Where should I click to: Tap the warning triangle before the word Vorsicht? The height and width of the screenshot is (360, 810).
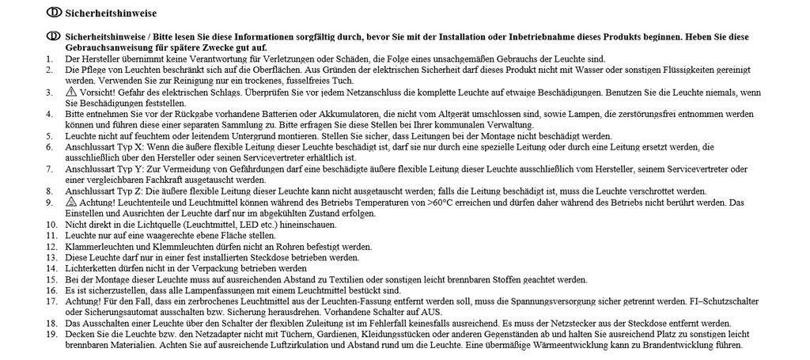pyautogui.click(x=70, y=93)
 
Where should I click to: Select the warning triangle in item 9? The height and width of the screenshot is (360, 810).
pyautogui.click(x=70, y=203)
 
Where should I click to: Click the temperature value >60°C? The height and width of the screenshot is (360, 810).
pyautogui.click(x=439, y=203)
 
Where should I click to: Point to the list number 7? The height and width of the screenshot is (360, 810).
pyautogui.click(x=50, y=169)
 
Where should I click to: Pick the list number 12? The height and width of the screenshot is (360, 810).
pyautogui.click(x=51, y=247)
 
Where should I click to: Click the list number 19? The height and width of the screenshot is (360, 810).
pyautogui.click(x=51, y=335)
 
